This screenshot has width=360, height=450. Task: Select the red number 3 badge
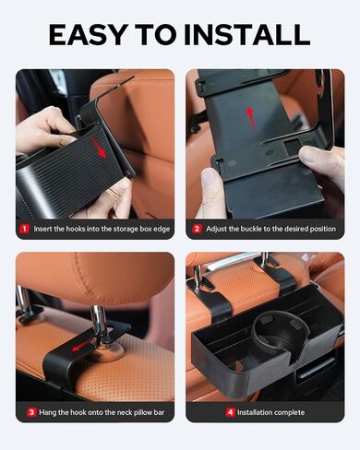click(x=24, y=411)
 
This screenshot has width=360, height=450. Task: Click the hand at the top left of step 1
click(x=42, y=129)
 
